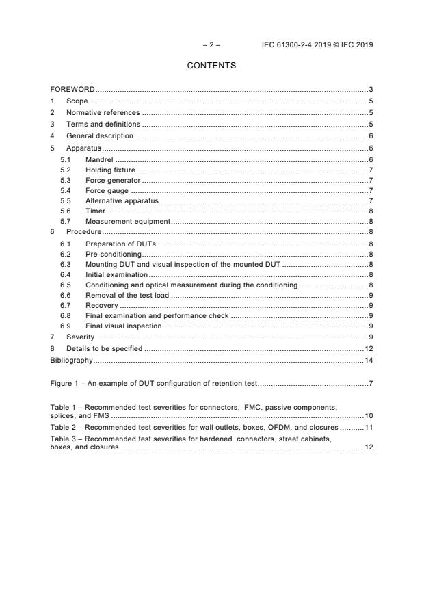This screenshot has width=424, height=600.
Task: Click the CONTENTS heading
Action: point(211,66)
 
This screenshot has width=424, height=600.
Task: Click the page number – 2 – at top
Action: point(211,45)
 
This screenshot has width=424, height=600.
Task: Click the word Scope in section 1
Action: point(77,101)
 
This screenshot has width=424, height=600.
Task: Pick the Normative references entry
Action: point(103,112)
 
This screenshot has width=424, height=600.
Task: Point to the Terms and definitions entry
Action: point(103,124)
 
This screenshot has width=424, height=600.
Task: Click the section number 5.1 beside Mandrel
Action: point(66,159)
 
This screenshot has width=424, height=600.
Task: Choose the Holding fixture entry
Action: point(110,170)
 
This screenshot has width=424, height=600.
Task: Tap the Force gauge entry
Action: point(107,190)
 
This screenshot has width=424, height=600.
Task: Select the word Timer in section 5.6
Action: point(95,211)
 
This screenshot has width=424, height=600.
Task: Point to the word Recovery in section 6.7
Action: point(101,306)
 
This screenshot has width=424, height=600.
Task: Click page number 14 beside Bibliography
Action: point(368,359)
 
